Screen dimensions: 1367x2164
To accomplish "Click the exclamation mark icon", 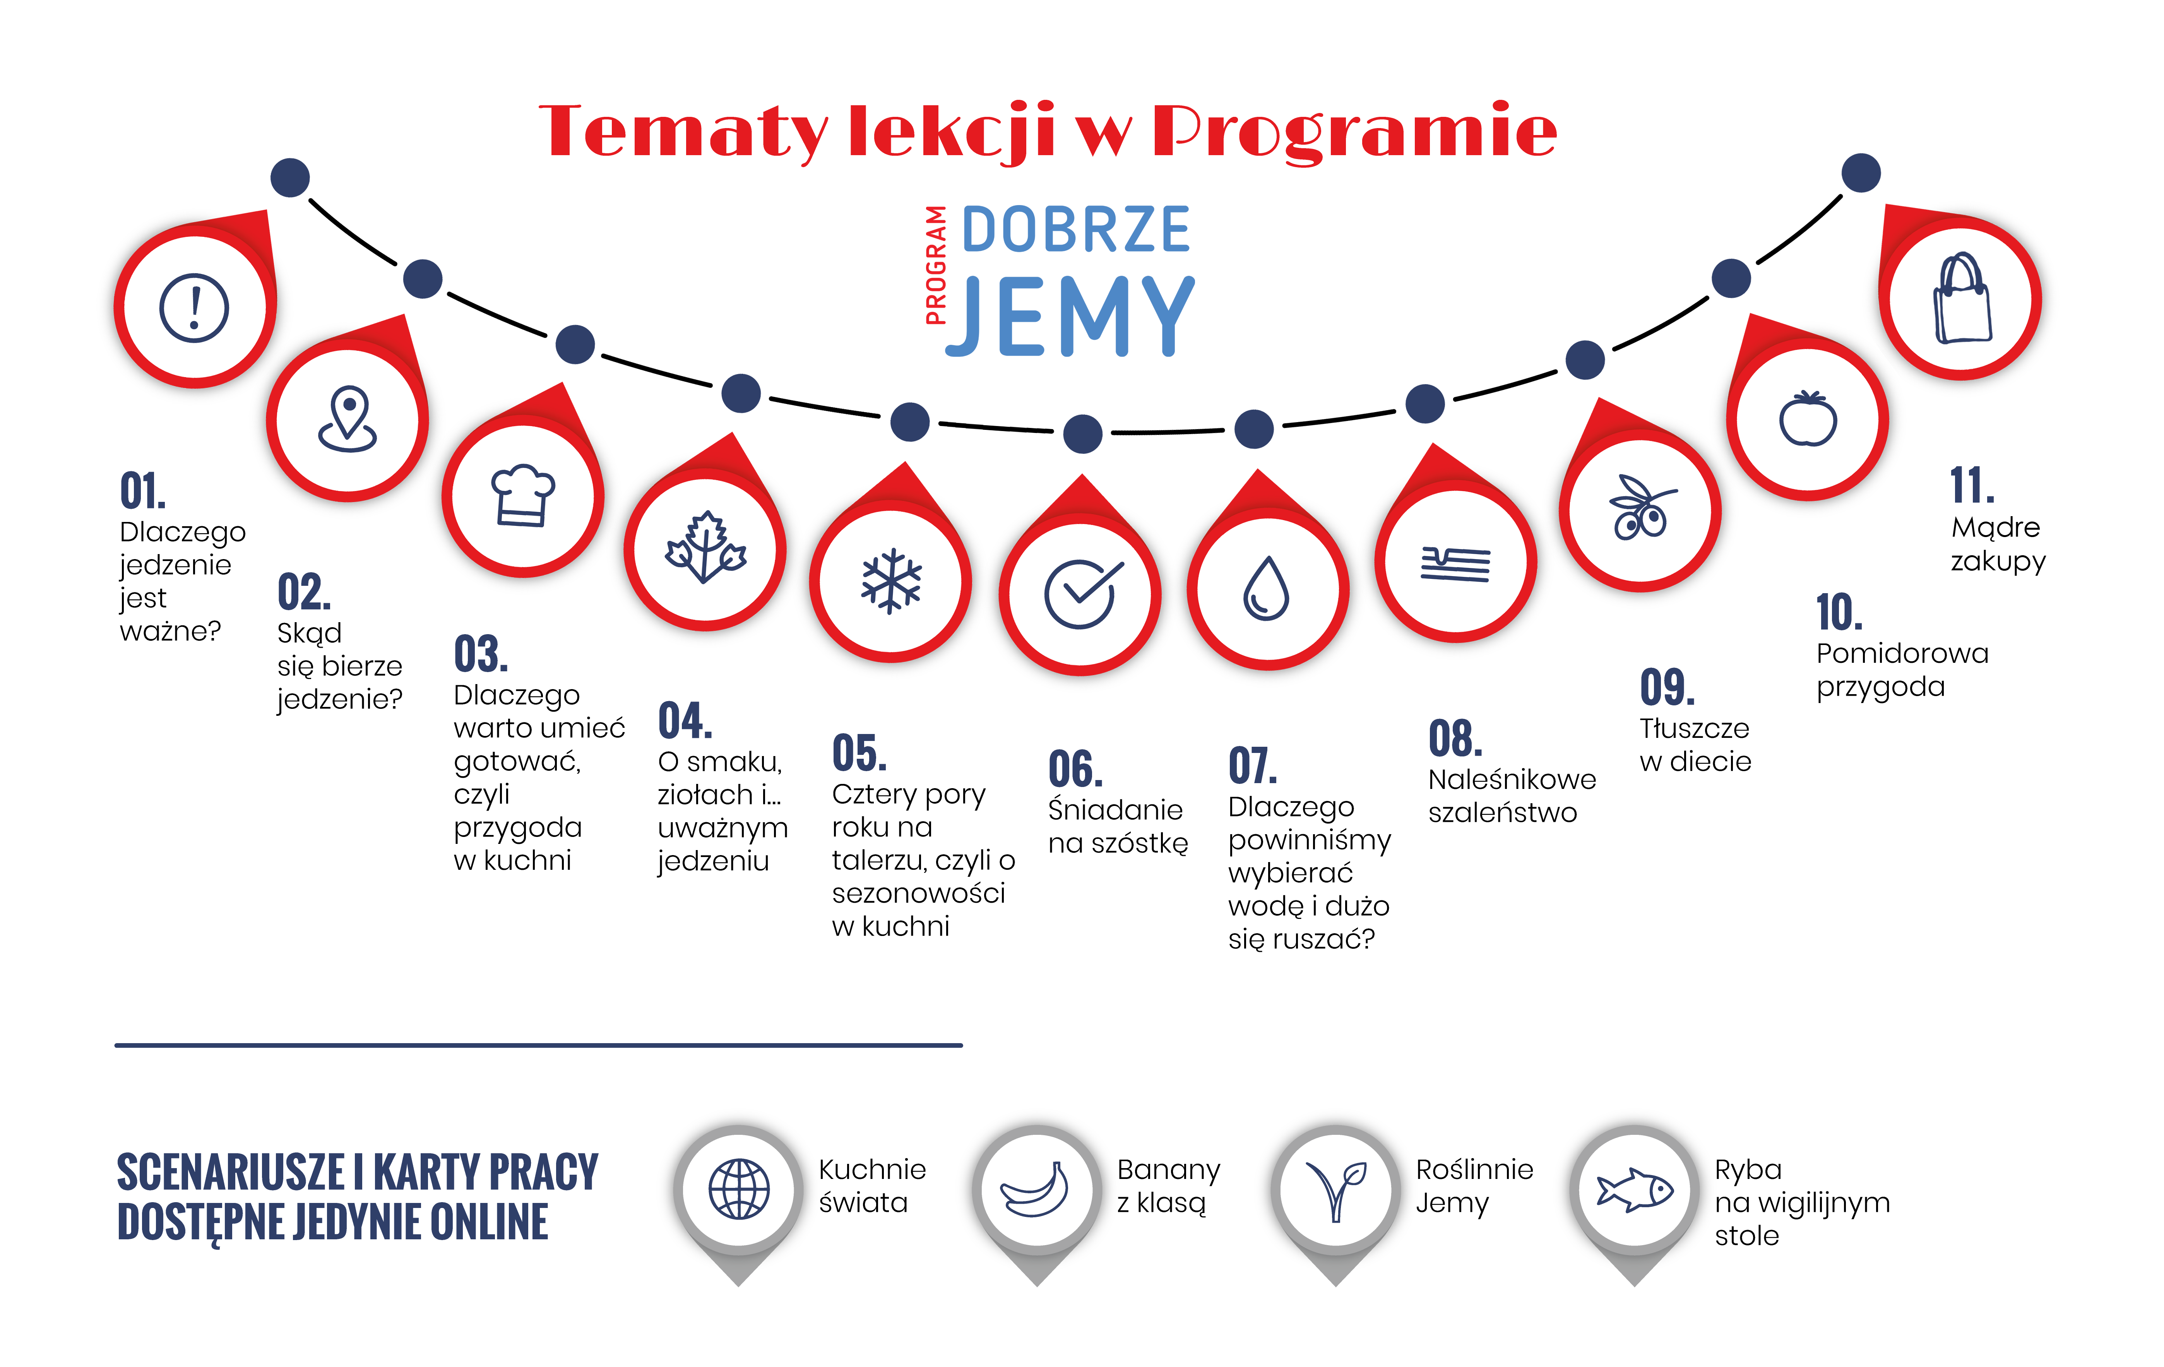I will [x=194, y=307].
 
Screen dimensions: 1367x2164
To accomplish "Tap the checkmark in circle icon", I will [x=1081, y=593].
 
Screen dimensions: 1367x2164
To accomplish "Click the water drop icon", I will [x=1267, y=589].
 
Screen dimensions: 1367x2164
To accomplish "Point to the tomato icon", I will [x=1808, y=419].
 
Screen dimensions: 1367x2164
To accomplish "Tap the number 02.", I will [x=304, y=593].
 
